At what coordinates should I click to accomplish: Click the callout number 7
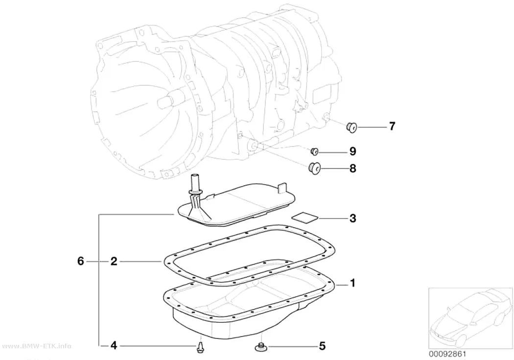pos(392,126)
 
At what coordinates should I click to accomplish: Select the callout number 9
pos(353,151)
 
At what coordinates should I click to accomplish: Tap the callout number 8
pos(353,168)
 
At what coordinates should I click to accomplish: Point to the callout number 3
pos(353,218)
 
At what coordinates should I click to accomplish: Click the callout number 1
pos(353,283)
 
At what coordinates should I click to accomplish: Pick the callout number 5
pos(322,346)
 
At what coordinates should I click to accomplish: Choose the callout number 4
pos(114,346)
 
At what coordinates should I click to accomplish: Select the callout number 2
pos(114,262)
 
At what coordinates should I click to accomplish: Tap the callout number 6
pos(81,262)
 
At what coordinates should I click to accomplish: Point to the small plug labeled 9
pos(315,151)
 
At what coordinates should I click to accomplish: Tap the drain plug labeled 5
pos(260,346)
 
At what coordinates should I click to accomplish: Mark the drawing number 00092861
pos(447,354)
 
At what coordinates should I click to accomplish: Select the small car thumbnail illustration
pos(470,318)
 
